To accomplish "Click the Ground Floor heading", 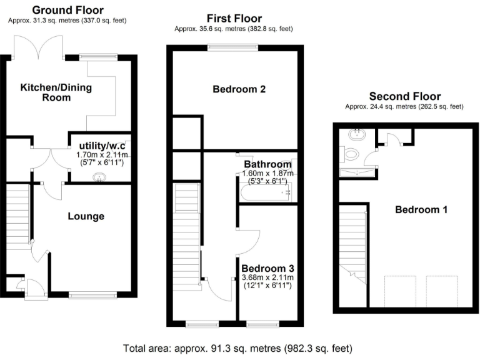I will (x=67, y=10).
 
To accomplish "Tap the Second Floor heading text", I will (x=404, y=96).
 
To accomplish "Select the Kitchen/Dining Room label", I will (x=56, y=92).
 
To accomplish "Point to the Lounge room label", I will (x=86, y=216).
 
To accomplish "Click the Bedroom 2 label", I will (x=239, y=89).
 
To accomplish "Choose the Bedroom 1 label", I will (x=421, y=209).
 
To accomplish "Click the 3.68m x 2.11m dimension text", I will (x=267, y=277).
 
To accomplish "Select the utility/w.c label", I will (x=101, y=145).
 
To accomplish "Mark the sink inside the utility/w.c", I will (x=99, y=177).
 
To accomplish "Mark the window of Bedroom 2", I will (x=232, y=46).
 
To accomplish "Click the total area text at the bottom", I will (x=239, y=347).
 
